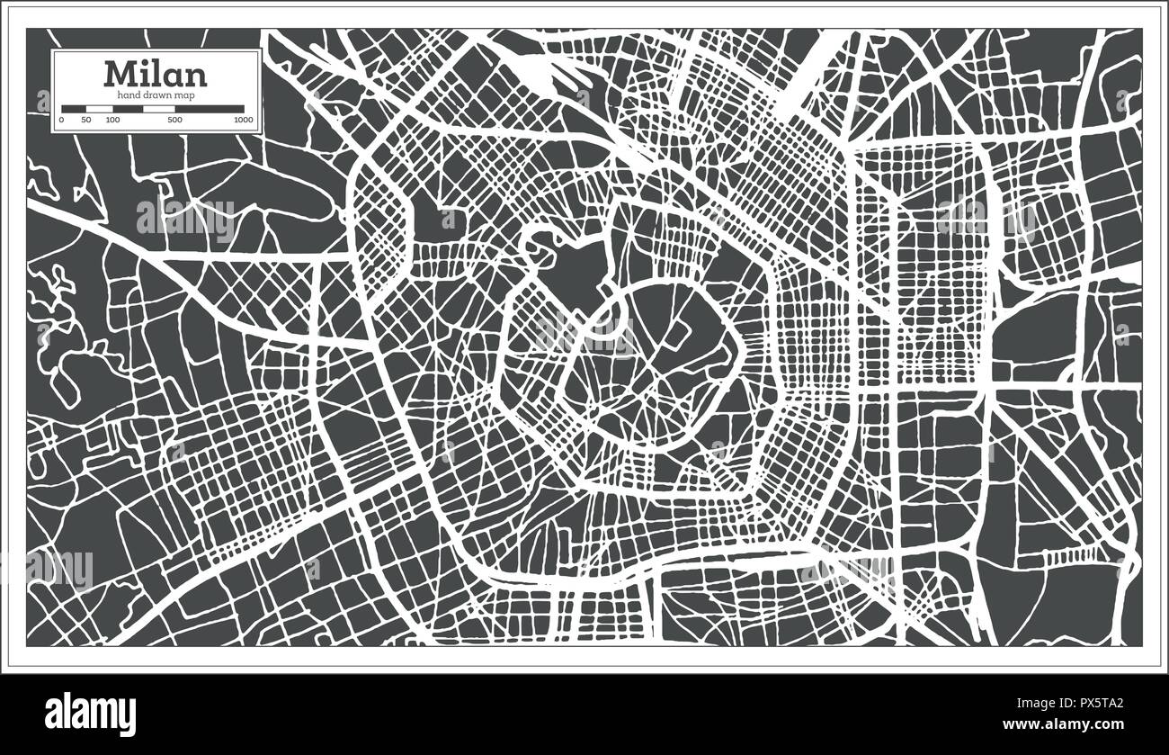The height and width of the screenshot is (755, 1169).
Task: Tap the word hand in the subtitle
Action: tap(124, 94)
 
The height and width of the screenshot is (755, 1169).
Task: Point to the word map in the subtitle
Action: tap(186, 94)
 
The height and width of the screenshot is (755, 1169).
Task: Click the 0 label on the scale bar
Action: tap(62, 120)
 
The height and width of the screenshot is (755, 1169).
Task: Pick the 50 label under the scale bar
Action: tap(86, 120)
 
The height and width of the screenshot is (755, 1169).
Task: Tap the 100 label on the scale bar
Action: tap(112, 120)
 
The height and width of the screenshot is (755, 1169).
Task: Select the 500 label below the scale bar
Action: tap(174, 120)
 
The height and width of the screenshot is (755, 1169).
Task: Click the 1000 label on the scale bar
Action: tap(241, 120)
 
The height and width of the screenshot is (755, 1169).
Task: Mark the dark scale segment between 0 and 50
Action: tap(74, 109)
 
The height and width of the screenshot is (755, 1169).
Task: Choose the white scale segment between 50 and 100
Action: tap(99, 109)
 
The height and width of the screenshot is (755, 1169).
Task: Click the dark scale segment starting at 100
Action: tap(127, 109)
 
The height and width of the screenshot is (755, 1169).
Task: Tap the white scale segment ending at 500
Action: tap(159, 109)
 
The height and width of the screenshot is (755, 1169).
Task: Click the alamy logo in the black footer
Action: tap(90, 714)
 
